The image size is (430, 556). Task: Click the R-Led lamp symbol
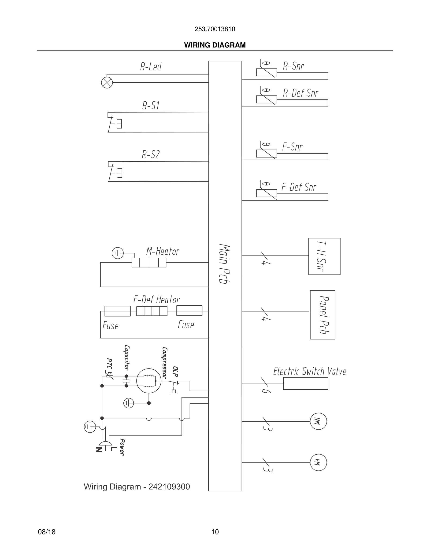click(107, 82)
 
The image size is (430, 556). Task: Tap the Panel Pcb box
click(322, 315)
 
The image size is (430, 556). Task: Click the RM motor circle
click(318, 421)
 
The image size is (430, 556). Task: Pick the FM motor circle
click(318, 462)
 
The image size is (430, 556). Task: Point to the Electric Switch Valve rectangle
click(305, 383)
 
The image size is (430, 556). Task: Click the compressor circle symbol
click(149, 381)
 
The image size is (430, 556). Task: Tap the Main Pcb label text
click(224, 264)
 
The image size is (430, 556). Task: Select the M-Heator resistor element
click(149, 263)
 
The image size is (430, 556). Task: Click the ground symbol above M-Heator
click(118, 253)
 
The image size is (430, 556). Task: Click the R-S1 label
click(151, 105)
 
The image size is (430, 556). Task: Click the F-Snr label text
click(293, 147)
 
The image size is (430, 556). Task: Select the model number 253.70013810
click(215, 29)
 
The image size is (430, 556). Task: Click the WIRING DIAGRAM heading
click(215, 45)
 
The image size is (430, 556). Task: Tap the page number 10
click(215, 532)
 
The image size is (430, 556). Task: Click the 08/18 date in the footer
click(47, 532)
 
